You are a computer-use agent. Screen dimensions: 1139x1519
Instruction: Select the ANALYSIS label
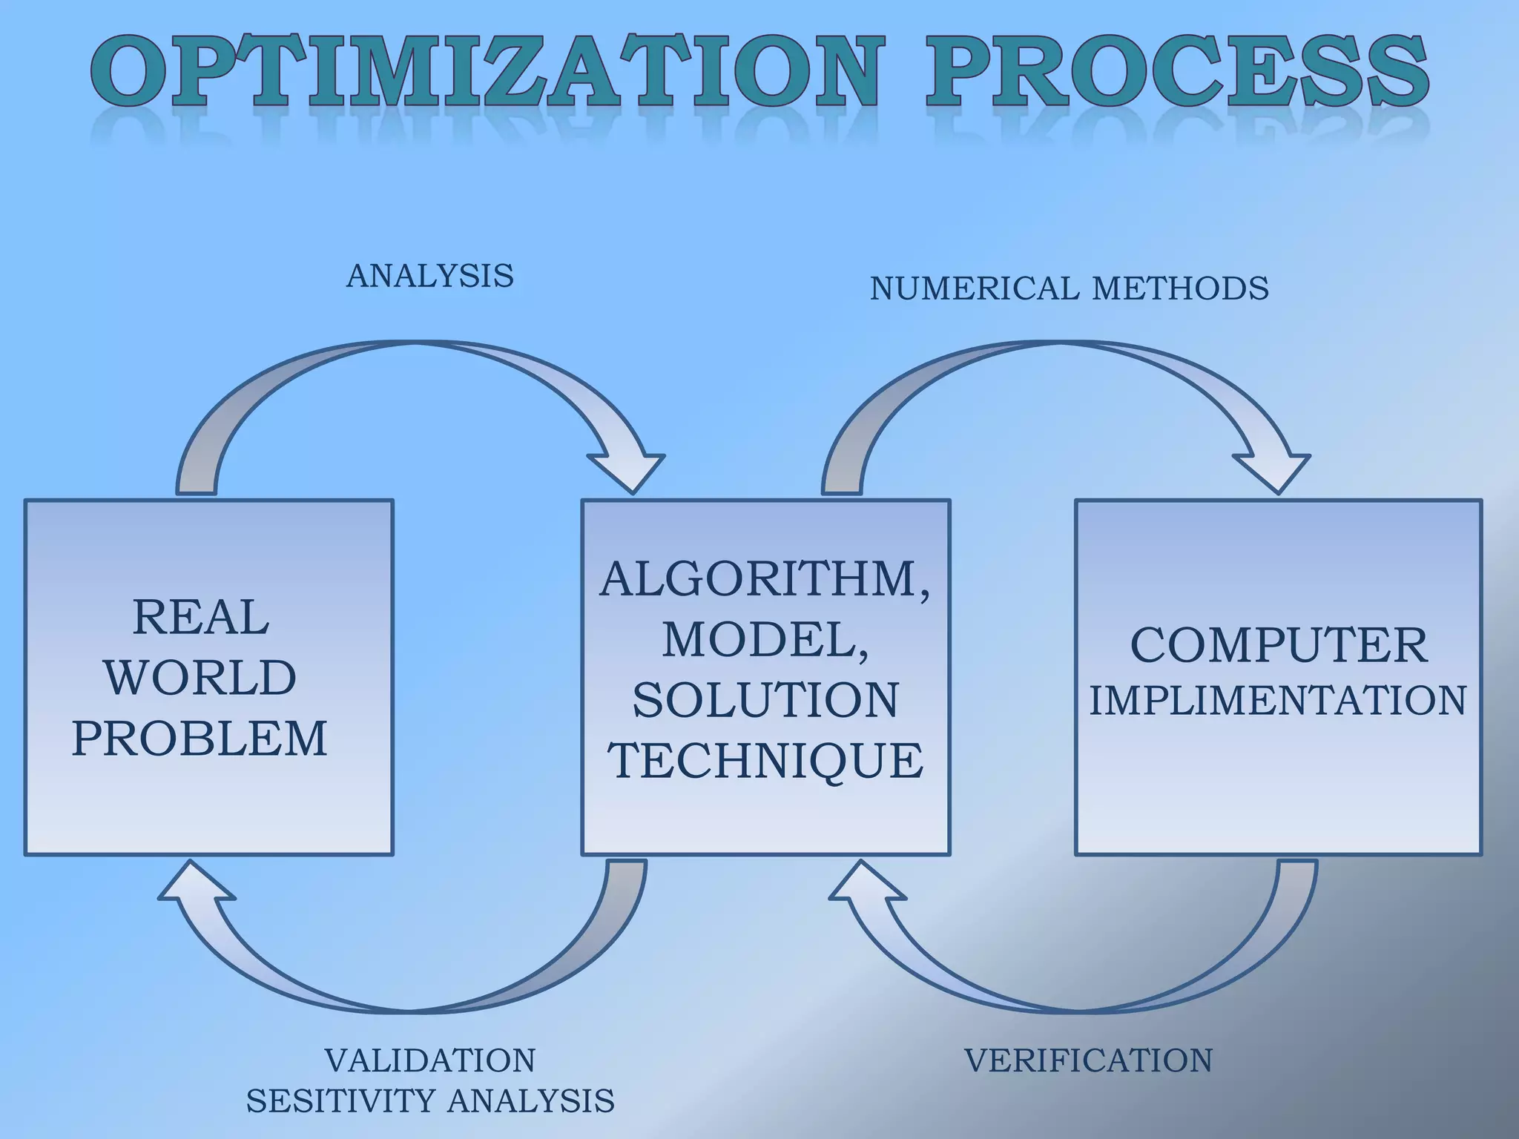430,276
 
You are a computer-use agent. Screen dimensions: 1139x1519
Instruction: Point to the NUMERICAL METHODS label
1069,288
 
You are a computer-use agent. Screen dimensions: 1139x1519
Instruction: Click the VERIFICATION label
1088,1060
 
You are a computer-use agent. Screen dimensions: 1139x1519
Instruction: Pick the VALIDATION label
430,1060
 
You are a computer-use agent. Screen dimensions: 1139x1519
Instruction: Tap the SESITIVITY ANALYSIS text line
430,1101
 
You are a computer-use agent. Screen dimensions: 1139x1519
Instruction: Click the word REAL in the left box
200,617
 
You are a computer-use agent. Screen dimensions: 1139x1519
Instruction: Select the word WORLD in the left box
200,678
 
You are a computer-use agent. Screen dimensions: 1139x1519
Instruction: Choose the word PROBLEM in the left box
200,739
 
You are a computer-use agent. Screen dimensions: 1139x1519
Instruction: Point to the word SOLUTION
765,700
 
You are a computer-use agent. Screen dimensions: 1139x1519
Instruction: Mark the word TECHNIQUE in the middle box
765,761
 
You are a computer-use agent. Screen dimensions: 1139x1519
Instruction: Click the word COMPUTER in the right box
1278,645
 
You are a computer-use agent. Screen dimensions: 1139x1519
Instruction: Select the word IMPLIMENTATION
1278,701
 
